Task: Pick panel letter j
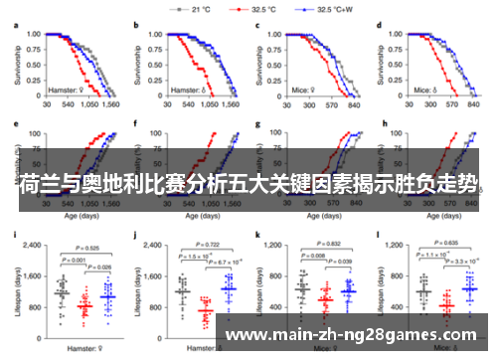pos(136,235)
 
